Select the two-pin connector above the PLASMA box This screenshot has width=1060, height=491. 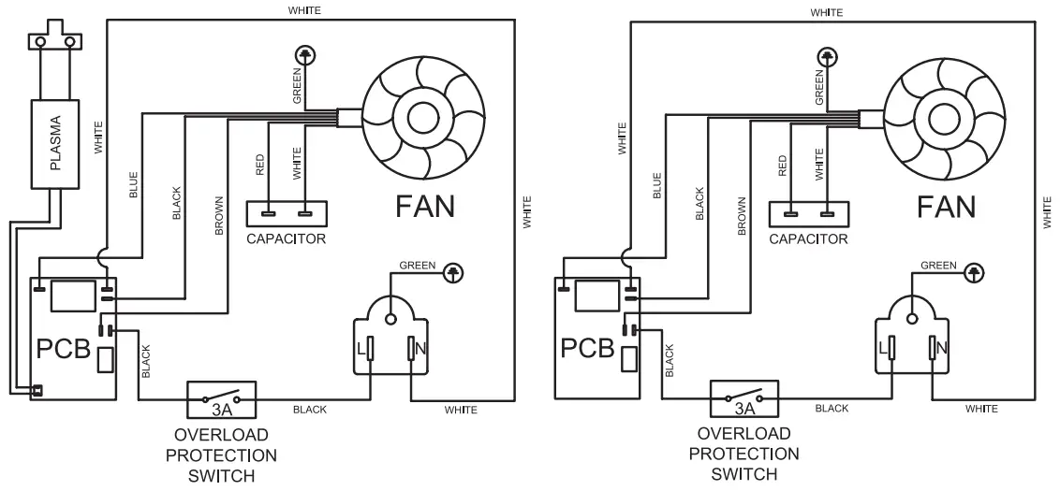(53, 41)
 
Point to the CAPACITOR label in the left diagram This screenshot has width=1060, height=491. (286, 239)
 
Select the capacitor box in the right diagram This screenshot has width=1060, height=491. (808, 214)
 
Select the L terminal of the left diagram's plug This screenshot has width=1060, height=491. (371, 349)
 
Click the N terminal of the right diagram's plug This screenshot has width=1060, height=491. (934, 349)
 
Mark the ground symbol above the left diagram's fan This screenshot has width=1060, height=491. (303, 55)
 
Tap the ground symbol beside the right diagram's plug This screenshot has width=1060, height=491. (975, 272)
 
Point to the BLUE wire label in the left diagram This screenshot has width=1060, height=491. (133, 188)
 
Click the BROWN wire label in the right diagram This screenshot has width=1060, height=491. (741, 216)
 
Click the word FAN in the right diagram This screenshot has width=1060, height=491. (946, 206)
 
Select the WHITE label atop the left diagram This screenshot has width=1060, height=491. (305, 11)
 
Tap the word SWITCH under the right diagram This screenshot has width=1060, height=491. (743, 474)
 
